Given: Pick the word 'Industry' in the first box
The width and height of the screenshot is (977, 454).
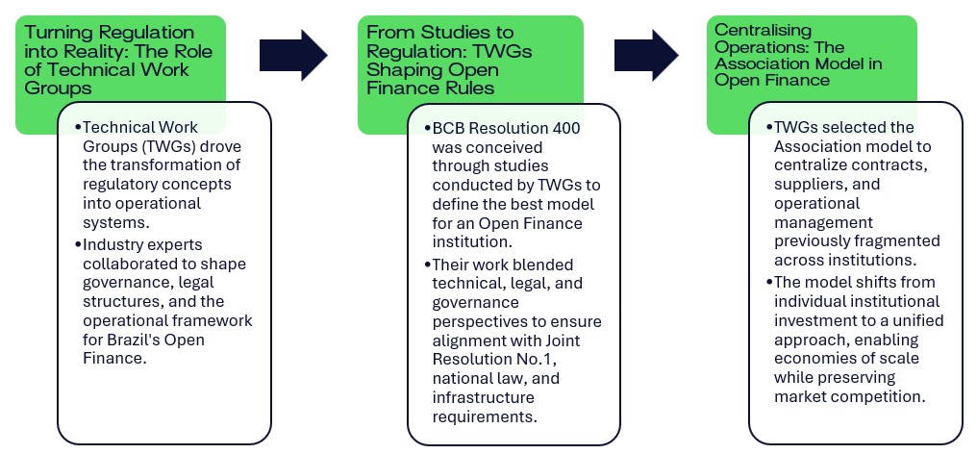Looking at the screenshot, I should [x=114, y=245].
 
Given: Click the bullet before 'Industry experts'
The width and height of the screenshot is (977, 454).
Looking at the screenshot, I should [x=81, y=245].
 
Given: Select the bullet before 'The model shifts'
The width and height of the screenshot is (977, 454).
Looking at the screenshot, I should [x=769, y=283].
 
